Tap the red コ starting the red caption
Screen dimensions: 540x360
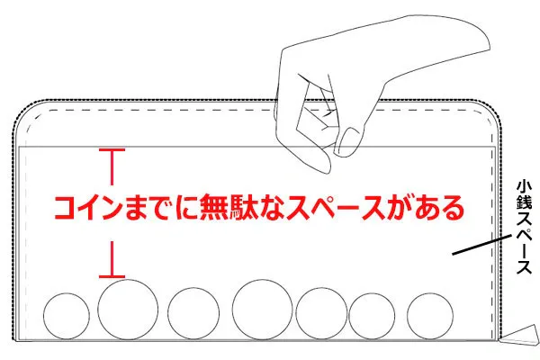point(66,209)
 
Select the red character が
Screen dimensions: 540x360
point(400,208)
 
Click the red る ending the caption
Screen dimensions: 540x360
point(452,209)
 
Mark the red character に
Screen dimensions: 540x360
point(186,208)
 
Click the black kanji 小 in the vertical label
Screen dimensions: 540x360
point(524,187)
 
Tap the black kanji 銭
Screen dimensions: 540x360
point(524,202)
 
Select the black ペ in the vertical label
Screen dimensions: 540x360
point(524,235)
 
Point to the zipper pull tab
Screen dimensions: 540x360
point(520,335)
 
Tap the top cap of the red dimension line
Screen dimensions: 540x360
point(112,150)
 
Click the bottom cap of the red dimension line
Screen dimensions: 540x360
point(112,276)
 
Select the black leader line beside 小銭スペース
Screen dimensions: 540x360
point(481,246)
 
